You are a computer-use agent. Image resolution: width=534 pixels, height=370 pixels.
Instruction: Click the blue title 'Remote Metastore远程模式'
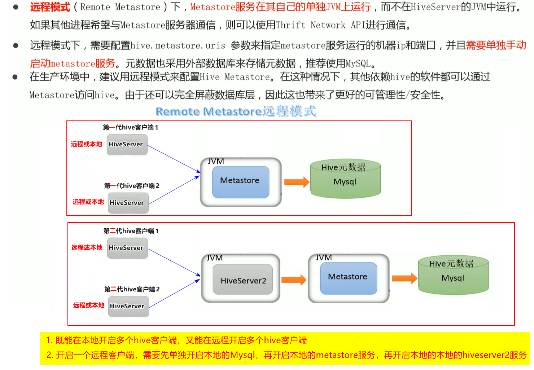(236, 111)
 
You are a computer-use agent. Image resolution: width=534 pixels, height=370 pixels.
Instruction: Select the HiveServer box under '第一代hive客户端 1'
(127, 144)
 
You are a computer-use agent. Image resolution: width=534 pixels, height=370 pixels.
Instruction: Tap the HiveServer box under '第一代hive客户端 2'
(128, 203)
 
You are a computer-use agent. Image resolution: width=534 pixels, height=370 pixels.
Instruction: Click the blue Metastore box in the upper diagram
(240, 181)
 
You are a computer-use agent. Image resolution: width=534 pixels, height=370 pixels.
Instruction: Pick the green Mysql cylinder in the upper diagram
(345, 180)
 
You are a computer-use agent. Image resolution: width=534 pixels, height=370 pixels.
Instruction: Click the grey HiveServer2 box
(243, 280)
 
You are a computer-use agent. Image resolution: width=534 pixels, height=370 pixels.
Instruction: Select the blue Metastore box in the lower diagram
(348, 278)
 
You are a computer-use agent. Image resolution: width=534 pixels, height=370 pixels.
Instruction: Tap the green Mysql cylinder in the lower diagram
(453, 276)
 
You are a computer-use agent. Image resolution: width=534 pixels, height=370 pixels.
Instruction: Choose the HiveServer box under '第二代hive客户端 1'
(127, 248)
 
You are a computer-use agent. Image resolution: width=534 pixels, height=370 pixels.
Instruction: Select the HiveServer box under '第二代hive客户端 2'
(128, 306)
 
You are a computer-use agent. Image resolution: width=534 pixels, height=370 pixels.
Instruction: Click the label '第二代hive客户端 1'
(131, 231)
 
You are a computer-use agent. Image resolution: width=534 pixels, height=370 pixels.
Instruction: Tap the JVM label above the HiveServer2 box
(215, 258)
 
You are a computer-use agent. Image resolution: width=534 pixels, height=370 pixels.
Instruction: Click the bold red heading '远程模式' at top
(50, 7)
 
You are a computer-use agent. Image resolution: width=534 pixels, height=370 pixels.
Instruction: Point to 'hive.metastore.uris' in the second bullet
(178, 45)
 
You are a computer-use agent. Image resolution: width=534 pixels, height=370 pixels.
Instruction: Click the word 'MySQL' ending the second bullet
(358, 64)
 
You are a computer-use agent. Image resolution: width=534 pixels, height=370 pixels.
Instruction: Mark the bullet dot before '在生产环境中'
(15, 77)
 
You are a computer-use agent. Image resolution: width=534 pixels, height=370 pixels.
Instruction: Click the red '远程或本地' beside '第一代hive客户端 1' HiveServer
(87, 144)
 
